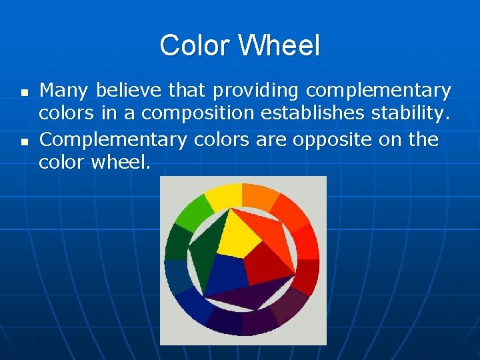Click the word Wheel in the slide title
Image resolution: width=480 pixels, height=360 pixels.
279,46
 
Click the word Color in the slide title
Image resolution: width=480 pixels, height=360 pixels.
195,46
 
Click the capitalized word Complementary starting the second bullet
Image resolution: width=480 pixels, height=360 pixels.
113,141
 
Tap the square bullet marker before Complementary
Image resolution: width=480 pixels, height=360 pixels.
24,141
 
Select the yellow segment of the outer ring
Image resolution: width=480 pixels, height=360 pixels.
224,195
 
